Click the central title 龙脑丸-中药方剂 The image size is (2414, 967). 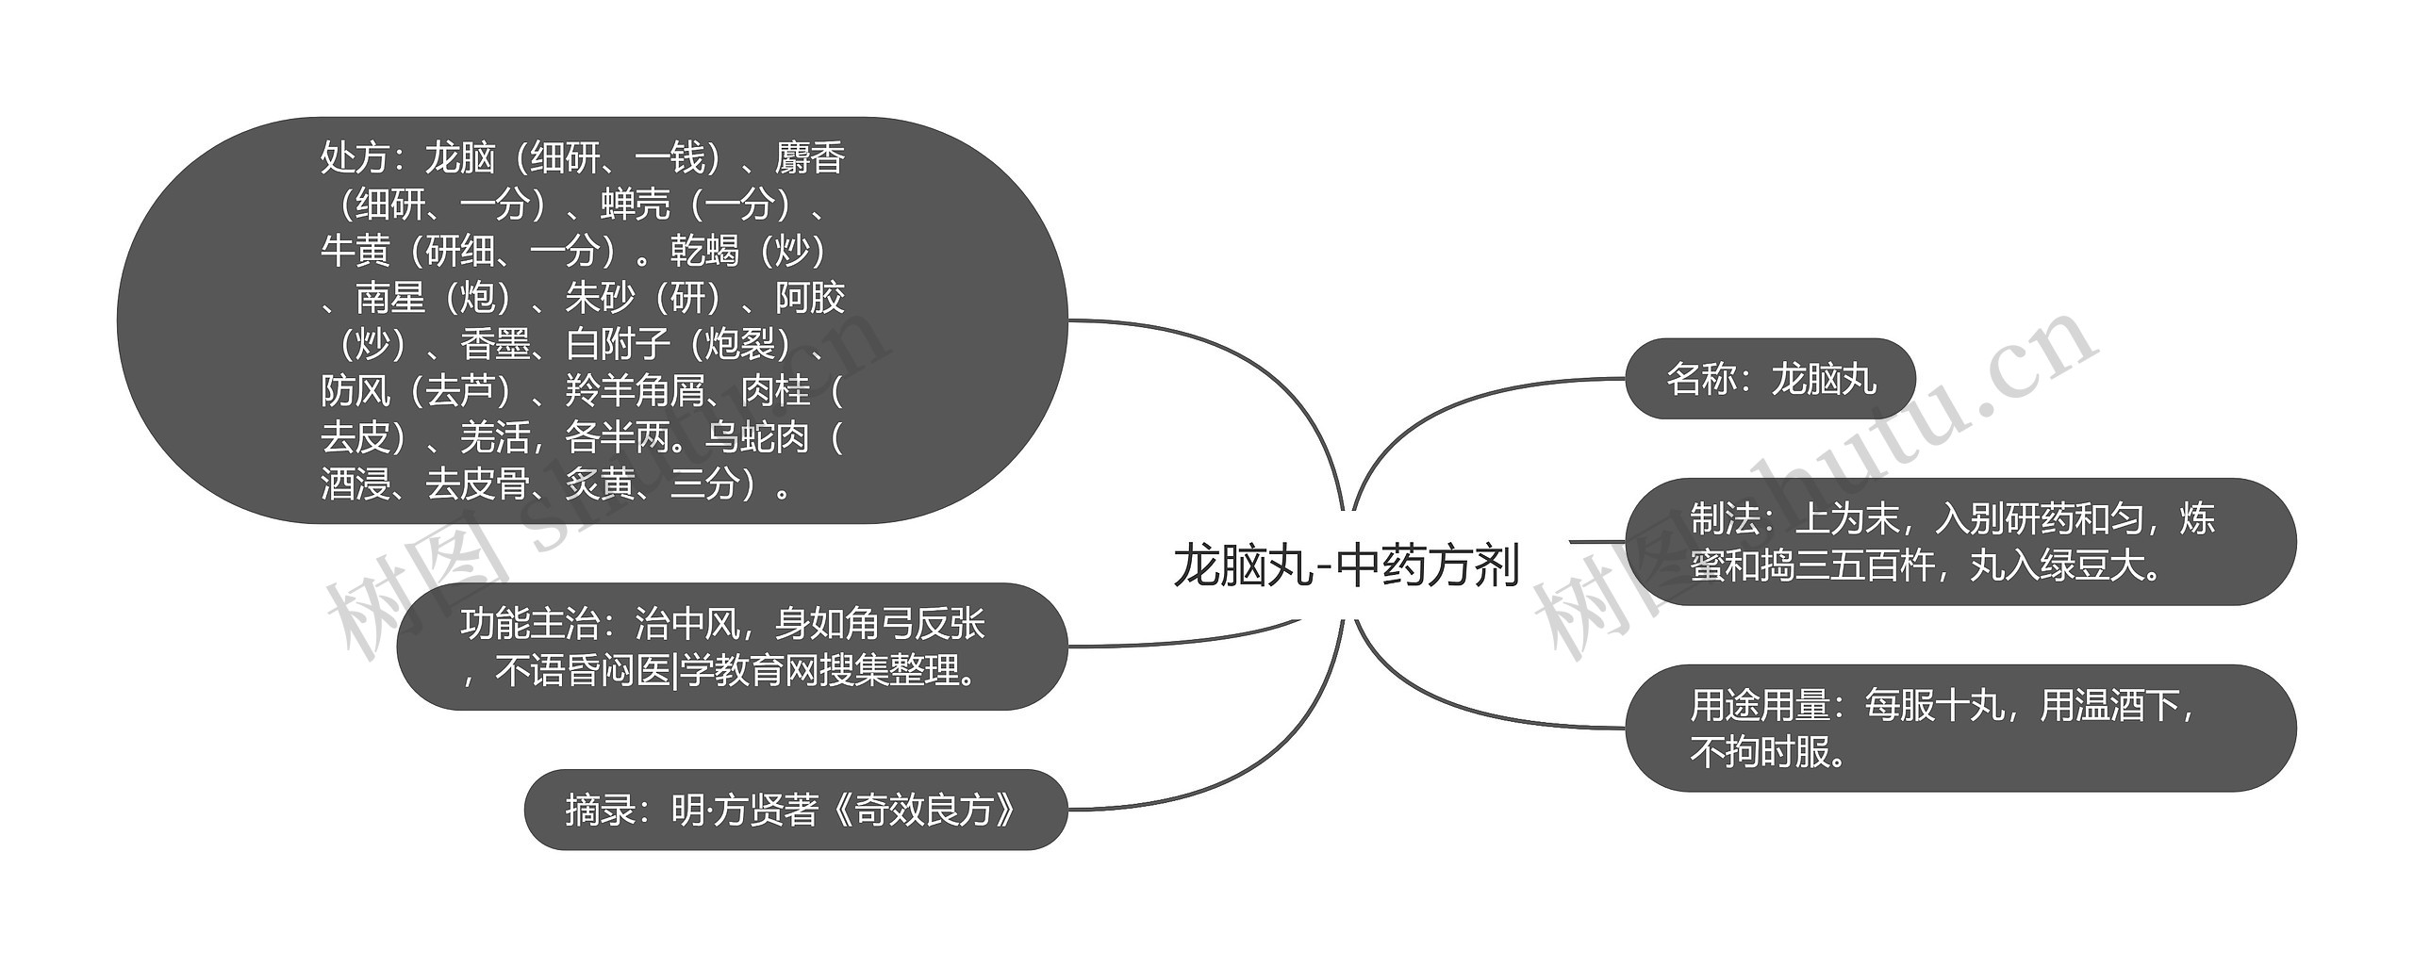tap(1346, 566)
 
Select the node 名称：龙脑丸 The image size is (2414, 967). tap(1770, 379)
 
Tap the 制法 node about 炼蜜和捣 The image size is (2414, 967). tap(1959, 542)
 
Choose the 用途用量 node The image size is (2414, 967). tap(1959, 729)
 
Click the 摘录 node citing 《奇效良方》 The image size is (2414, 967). tap(795, 810)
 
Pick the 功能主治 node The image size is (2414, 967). tap(732, 647)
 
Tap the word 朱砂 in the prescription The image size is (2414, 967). tap(600, 298)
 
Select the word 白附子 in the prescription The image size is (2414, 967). tap(618, 344)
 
